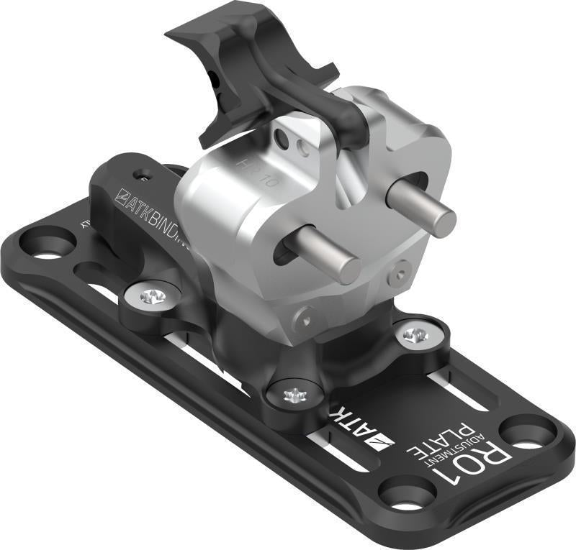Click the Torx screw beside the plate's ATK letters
295,395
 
